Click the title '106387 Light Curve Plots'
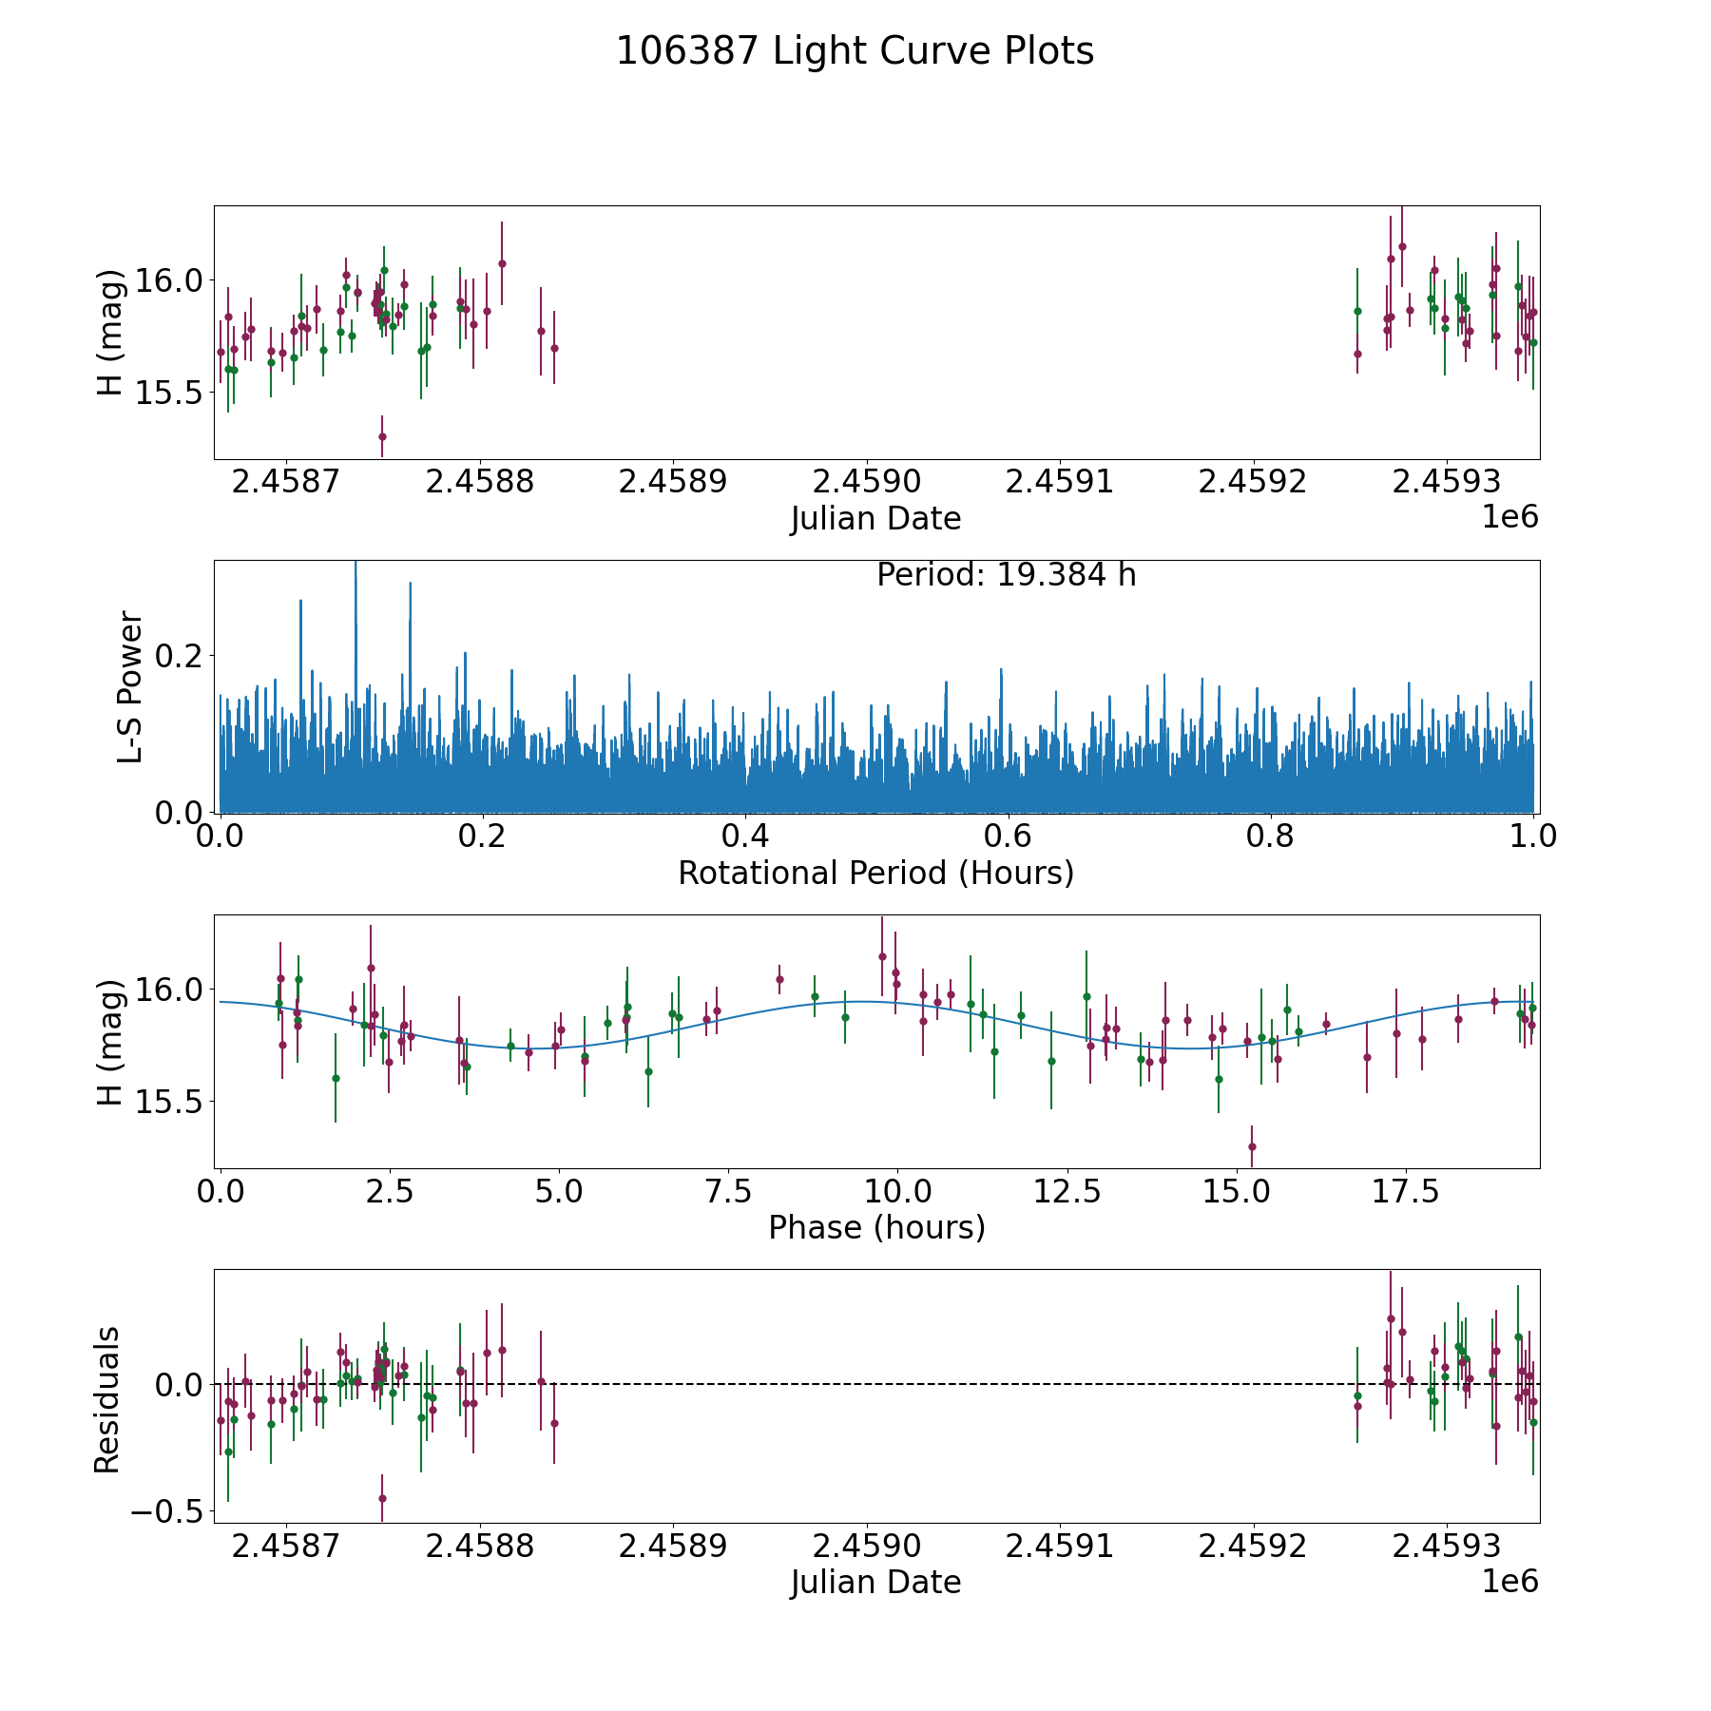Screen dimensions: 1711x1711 [855, 51]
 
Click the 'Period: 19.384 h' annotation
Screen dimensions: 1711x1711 [1006, 575]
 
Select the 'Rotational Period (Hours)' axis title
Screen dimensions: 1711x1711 [875, 873]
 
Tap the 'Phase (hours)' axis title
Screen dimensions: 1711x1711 [875, 1227]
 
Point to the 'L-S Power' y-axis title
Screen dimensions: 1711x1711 [130, 686]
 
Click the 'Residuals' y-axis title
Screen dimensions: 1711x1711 [107, 1399]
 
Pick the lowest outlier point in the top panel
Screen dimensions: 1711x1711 [382, 437]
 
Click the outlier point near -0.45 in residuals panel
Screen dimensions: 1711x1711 [382, 1498]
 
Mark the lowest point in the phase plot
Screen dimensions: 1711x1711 [1252, 1146]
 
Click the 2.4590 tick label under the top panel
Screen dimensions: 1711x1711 [867, 482]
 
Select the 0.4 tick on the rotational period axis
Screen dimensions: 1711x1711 [745, 836]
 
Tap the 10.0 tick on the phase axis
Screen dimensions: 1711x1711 [895, 1191]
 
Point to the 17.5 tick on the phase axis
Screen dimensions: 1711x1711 [1403, 1191]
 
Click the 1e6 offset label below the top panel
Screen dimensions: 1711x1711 [1509, 516]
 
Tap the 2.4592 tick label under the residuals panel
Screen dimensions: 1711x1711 [1253, 1547]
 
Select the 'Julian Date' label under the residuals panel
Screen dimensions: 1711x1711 [875, 1582]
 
